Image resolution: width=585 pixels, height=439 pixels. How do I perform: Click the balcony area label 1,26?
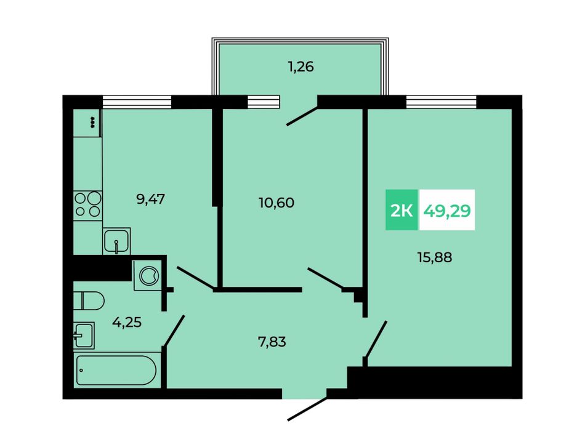click(x=301, y=67)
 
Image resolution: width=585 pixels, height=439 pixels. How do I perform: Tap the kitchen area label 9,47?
click(x=151, y=199)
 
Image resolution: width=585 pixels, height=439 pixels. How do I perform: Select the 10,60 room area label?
click(x=276, y=203)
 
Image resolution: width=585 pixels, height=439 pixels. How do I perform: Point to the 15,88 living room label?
click(x=435, y=257)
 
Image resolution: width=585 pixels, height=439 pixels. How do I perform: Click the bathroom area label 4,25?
click(x=127, y=321)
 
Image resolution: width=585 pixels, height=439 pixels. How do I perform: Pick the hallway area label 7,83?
click(x=272, y=341)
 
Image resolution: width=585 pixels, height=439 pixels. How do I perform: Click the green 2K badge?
click(x=401, y=209)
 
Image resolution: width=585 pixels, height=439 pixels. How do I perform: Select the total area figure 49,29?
click(x=447, y=211)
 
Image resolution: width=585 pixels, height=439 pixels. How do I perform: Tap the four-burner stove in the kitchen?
click(x=87, y=204)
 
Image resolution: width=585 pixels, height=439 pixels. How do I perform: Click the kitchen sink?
click(x=116, y=241)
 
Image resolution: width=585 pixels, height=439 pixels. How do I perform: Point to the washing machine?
click(x=148, y=275)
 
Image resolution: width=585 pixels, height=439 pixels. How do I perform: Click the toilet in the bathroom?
click(x=89, y=300)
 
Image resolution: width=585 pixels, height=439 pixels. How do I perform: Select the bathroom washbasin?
click(x=84, y=336)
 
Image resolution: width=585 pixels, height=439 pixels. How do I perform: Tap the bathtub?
click(x=116, y=370)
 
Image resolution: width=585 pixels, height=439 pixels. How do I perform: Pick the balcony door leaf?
click(x=302, y=116)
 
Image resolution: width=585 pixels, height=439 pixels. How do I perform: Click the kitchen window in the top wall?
click(x=137, y=102)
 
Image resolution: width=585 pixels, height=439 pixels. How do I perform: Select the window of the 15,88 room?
click(x=442, y=102)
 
